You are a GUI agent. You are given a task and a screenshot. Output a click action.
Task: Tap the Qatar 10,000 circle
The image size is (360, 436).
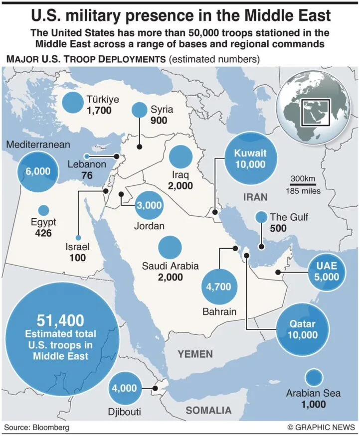pyautogui.click(x=303, y=329)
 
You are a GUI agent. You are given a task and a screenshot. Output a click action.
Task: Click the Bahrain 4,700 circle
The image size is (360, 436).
pyautogui.click(x=218, y=287)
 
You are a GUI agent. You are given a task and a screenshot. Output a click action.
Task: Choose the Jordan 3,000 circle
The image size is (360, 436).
pyautogui.click(x=149, y=205)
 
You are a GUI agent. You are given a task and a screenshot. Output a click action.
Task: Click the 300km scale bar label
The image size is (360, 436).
pyautogui.click(x=303, y=179)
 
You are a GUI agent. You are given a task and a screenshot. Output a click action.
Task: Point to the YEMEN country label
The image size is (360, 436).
pyautogui.click(x=196, y=354)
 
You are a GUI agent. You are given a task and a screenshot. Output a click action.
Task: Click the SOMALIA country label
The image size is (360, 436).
pyautogui.click(x=208, y=411)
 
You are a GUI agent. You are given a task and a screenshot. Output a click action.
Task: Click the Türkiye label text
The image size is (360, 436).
pyautogui.click(x=103, y=99)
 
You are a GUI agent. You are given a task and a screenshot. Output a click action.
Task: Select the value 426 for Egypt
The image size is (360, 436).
pyautogui.click(x=44, y=233)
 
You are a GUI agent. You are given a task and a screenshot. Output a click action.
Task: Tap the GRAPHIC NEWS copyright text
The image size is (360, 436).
pyautogui.click(x=321, y=428)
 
